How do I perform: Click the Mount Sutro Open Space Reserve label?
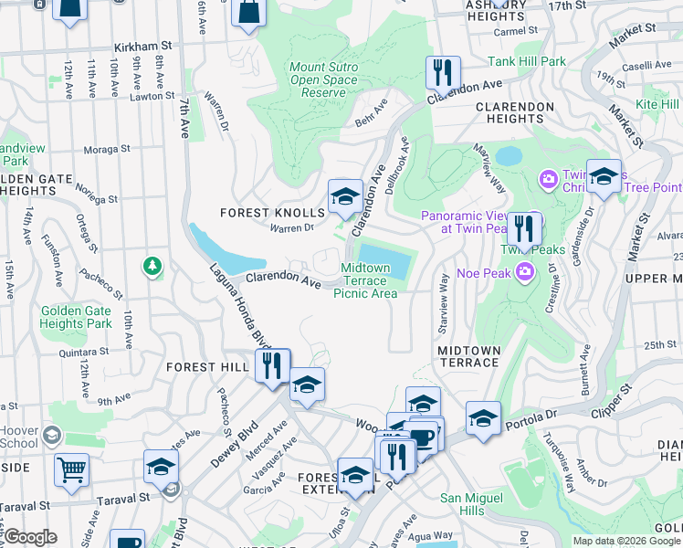(x=317, y=79)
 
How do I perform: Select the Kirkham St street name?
(x=143, y=45)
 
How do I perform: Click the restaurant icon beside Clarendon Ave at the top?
(x=443, y=72)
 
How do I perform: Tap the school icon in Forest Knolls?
(x=345, y=195)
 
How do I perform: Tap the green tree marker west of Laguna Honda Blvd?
(x=152, y=266)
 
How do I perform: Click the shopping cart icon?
(x=71, y=469)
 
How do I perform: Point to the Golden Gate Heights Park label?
(x=76, y=317)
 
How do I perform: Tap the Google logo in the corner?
(x=30, y=537)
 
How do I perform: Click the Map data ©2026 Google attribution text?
(x=625, y=541)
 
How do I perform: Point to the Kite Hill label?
(x=657, y=105)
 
